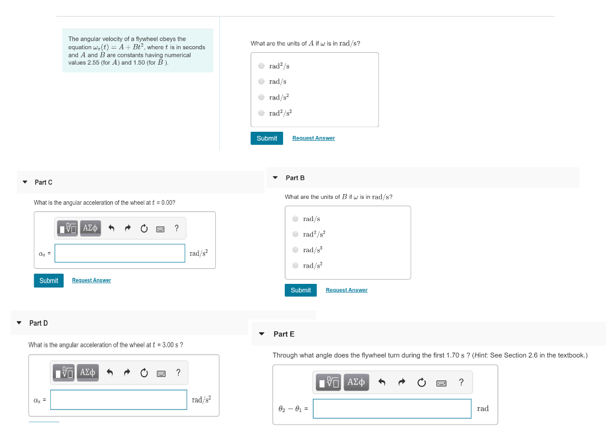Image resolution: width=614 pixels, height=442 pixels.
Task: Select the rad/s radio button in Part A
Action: [261, 81]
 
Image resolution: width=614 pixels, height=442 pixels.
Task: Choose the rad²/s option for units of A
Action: [261, 66]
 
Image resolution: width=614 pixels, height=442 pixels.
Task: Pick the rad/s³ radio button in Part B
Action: [295, 250]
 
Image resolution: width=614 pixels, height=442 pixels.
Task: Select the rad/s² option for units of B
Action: [295, 265]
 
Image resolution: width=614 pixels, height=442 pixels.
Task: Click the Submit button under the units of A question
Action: [266, 138]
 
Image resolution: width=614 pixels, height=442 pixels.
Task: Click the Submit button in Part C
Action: [49, 280]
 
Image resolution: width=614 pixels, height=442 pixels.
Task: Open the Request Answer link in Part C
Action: [91, 280]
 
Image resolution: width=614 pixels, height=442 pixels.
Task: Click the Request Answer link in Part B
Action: [347, 290]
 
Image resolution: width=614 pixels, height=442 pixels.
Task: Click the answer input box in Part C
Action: [120, 253]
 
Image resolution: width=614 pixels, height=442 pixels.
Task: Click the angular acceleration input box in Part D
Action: [119, 399]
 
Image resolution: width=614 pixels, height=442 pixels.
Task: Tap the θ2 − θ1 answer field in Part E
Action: [392, 408]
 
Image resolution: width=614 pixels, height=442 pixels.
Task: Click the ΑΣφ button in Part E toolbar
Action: [356, 382]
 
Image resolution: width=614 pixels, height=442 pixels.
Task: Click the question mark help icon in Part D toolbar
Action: [178, 373]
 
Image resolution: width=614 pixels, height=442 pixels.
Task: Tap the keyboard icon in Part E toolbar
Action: [442, 383]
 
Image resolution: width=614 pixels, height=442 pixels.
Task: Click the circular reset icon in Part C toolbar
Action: [144, 228]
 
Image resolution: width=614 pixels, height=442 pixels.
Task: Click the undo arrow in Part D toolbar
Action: [110, 373]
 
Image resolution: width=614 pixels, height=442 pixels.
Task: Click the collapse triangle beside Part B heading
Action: [275, 178]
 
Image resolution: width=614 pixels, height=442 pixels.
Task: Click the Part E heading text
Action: [284, 334]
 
